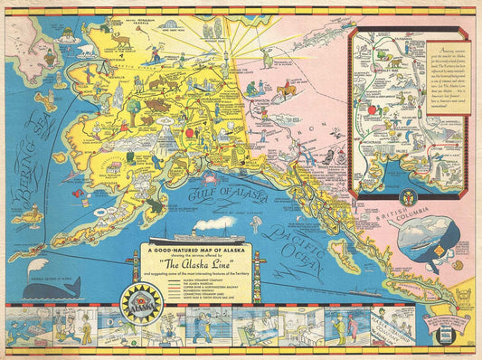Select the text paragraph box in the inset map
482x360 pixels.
coord(448,77)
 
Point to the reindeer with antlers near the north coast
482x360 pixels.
coord(118,41)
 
